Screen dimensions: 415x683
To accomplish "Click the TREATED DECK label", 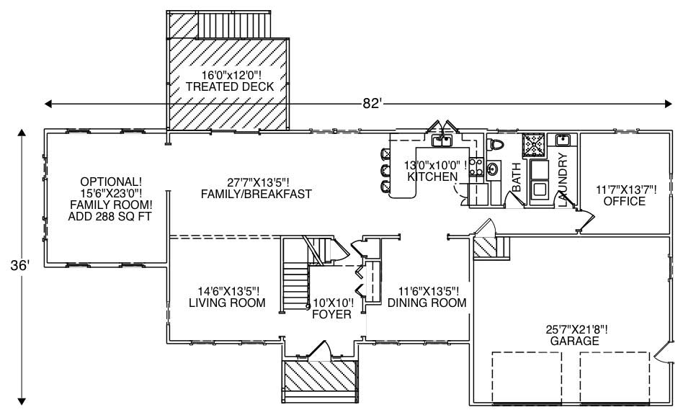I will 229,86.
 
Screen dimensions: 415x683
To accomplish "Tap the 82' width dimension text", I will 371,104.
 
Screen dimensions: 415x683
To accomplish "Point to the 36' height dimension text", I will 21,266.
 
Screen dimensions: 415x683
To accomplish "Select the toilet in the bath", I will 496,146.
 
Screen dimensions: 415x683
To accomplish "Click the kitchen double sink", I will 439,140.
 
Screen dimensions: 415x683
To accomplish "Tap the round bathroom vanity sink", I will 493,170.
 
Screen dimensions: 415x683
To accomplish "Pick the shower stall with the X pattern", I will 534,145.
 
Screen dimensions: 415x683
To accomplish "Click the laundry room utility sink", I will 563,140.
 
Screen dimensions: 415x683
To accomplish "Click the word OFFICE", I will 625,201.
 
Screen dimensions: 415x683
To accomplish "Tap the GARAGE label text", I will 573,341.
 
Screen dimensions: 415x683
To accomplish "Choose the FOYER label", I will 331,315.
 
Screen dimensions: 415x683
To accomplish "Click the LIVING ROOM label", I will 223,303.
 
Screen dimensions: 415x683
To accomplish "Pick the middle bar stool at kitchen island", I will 385,171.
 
